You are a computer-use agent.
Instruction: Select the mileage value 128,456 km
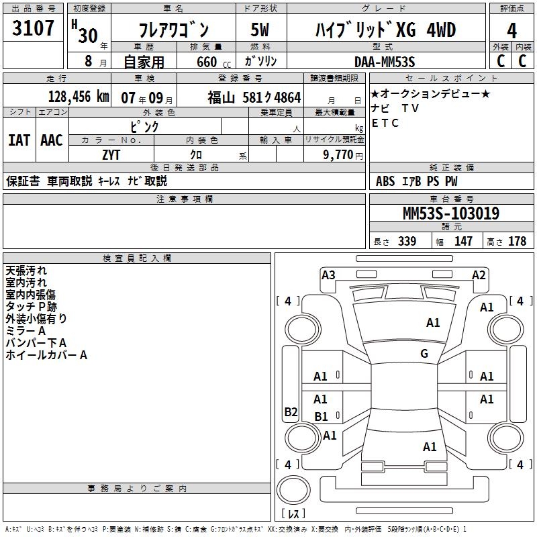point(79,97)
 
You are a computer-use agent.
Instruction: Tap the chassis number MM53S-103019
point(450,214)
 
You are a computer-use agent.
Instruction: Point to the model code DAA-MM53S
point(385,62)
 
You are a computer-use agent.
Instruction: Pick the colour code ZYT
point(113,154)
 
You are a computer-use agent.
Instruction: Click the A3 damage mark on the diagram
point(328,275)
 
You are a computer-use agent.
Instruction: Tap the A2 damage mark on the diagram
point(479,275)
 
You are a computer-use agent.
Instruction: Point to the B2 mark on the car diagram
point(291,411)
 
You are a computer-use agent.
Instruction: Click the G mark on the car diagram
point(424,353)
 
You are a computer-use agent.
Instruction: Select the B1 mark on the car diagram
point(322,417)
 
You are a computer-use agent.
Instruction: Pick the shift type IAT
point(19,140)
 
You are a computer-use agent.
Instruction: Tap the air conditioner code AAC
point(52,140)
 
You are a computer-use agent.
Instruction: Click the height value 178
point(517,242)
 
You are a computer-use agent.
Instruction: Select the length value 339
point(407,242)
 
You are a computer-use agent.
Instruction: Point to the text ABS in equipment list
point(385,181)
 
